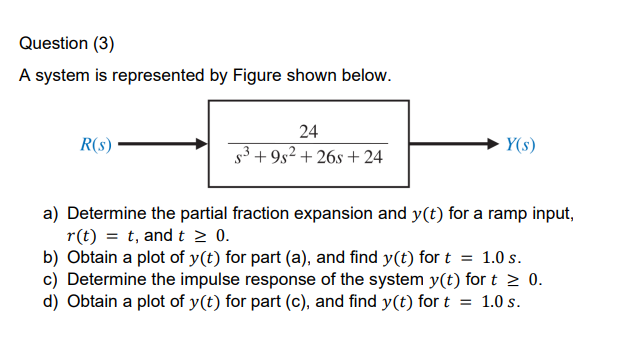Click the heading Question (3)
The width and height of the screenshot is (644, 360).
coord(66,44)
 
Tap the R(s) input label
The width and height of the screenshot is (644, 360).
coord(95,144)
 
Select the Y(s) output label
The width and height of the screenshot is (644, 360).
coord(520,144)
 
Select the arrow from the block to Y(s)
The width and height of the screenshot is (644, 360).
coord(454,144)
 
